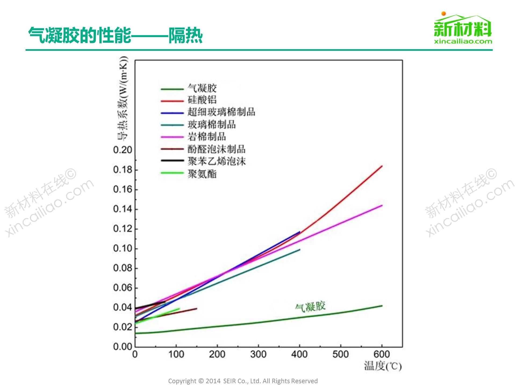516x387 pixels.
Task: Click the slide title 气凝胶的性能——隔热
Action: [x=115, y=35]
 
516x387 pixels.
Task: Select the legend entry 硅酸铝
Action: [x=202, y=100]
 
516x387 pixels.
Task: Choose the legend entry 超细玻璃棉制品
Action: [x=221, y=112]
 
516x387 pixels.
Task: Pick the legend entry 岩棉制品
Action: [x=207, y=137]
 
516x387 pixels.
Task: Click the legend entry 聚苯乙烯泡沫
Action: [x=217, y=162]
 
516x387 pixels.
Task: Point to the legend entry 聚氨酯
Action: [x=202, y=174]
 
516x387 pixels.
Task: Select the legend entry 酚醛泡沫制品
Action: [x=216, y=149]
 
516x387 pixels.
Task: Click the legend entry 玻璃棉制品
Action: [x=212, y=124]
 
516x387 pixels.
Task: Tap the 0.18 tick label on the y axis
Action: [x=123, y=170]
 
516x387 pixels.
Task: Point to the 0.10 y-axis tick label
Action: [x=123, y=248]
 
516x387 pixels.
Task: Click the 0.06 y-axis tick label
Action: [x=123, y=288]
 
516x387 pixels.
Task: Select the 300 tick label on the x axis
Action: [x=258, y=354]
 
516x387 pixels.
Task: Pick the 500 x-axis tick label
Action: [x=341, y=354]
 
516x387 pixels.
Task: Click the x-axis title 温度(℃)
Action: [x=383, y=366]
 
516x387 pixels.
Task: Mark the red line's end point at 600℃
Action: [x=382, y=166]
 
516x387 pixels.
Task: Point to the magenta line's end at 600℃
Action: [x=382, y=206]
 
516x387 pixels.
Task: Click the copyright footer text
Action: [x=243, y=381]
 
